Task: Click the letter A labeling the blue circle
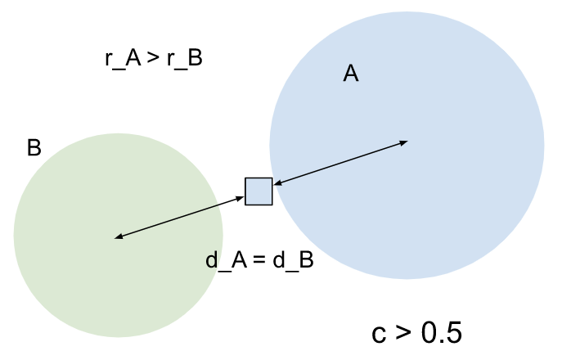coord(351,74)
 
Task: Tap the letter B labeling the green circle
coord(34,148)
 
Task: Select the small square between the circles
coord(259,191)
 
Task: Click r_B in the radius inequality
coord(184,60)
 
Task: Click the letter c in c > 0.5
coord(379,334)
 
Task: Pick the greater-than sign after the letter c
coord(402,333)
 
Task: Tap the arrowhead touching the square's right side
coord(277,184)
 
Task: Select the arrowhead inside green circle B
coord(119,237)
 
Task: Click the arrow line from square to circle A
coord(339,164)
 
